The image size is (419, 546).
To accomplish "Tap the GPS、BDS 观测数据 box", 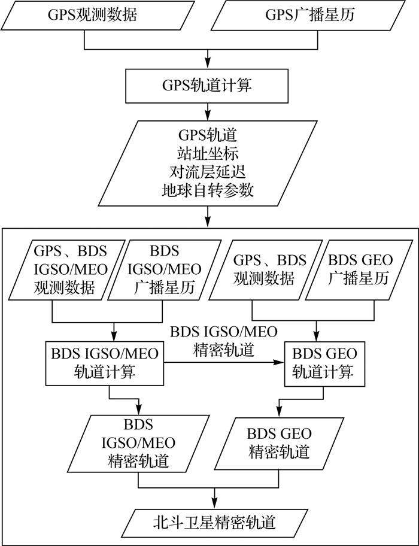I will [x=269, y=269].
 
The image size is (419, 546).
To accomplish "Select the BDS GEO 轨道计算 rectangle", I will [x=323, y=362].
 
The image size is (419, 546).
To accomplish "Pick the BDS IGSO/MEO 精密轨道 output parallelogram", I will [x=139, y=443].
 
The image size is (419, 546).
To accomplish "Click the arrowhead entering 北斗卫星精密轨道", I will [x=214, y=502].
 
